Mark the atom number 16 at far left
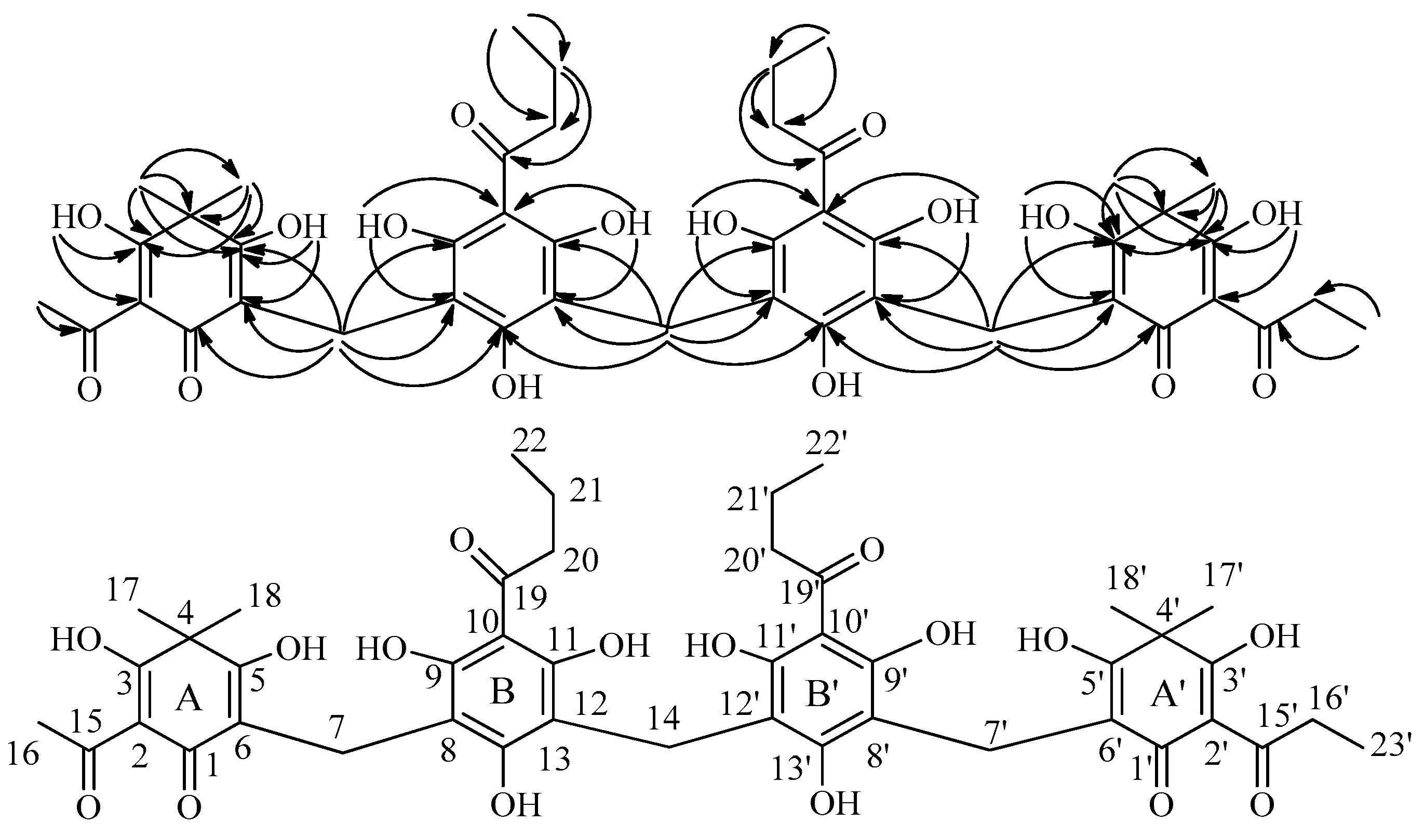pyautogui.click(x=23, y=754)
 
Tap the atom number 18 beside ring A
pyautogui.click(x=264, y=596)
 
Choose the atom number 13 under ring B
pyautogui.click(x=556, y=761)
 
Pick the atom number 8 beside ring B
pyautogui.click(x=448, y=752)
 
